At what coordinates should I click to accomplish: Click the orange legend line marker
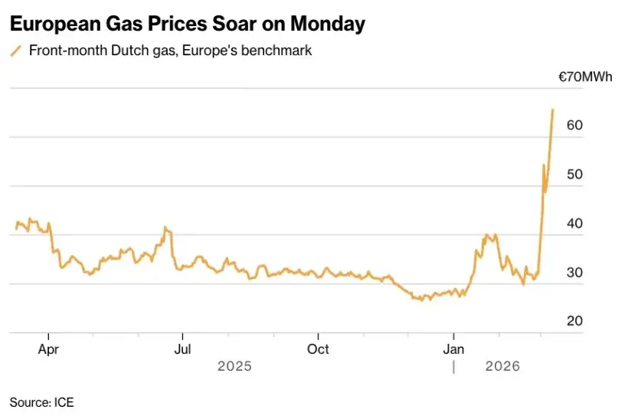[x=15, y=51]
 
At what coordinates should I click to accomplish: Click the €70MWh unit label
[x=585, y=77]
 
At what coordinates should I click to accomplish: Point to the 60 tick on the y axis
[x=574, y=125]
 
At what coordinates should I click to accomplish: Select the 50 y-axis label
[x=574, y=174]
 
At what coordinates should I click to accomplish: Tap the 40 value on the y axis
[x=574, y=223]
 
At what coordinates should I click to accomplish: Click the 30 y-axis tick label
[x=574, y=272]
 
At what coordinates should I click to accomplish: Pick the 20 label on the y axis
[x=574, y=321]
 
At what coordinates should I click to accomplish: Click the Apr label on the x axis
[x=48, y=349]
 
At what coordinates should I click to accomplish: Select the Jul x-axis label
[x=182, y=349]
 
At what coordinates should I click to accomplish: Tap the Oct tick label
[x=318, y=349]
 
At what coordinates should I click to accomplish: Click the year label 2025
[x=234, y=367]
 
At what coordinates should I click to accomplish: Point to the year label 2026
[x=502, y=367]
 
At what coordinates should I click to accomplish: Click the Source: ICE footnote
[x=41, y=401]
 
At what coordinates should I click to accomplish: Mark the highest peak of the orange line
[x=553, y=110]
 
